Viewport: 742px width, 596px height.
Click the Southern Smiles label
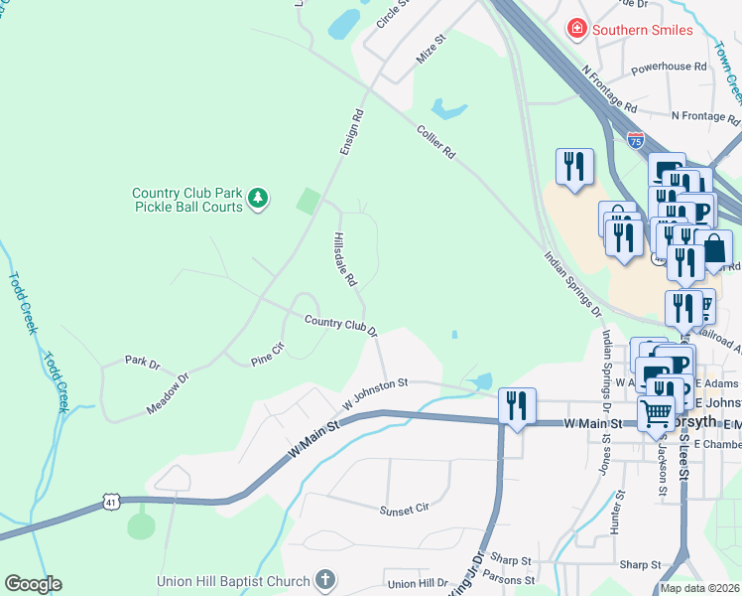click(x=642, y=30)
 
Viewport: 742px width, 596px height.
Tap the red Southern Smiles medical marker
click(x=576, y=29)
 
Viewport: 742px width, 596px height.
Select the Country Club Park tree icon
click(x=258, y=199)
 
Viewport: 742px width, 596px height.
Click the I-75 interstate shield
click(x=635, y=140)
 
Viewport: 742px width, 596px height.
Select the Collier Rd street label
click(x=435, y=141)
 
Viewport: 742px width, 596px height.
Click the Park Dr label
click(x=142, y=363)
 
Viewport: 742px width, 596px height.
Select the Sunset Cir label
click(x=404, y=509)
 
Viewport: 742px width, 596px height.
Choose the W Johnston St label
click(x=375, y=392)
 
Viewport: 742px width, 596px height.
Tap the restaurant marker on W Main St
click(x=517, y=405)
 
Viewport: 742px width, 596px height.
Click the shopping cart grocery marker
click(x=656, y=413)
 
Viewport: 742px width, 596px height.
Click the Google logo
click(x=33, y=584)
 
